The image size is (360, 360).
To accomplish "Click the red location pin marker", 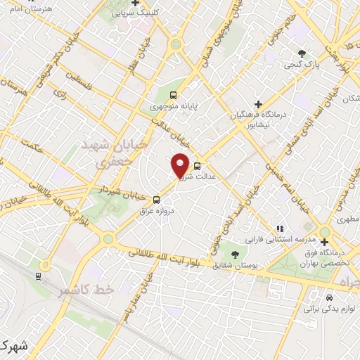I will point(180,166).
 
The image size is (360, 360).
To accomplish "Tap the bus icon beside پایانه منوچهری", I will point(174,96).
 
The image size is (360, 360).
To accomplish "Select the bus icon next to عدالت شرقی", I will point(196,167).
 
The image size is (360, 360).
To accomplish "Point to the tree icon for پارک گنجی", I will point(302,53).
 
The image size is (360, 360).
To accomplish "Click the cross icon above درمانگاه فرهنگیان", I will point(258,104).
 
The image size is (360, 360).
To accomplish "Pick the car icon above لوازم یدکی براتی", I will point(329,297).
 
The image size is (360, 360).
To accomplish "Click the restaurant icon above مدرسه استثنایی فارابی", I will point(280,229).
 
